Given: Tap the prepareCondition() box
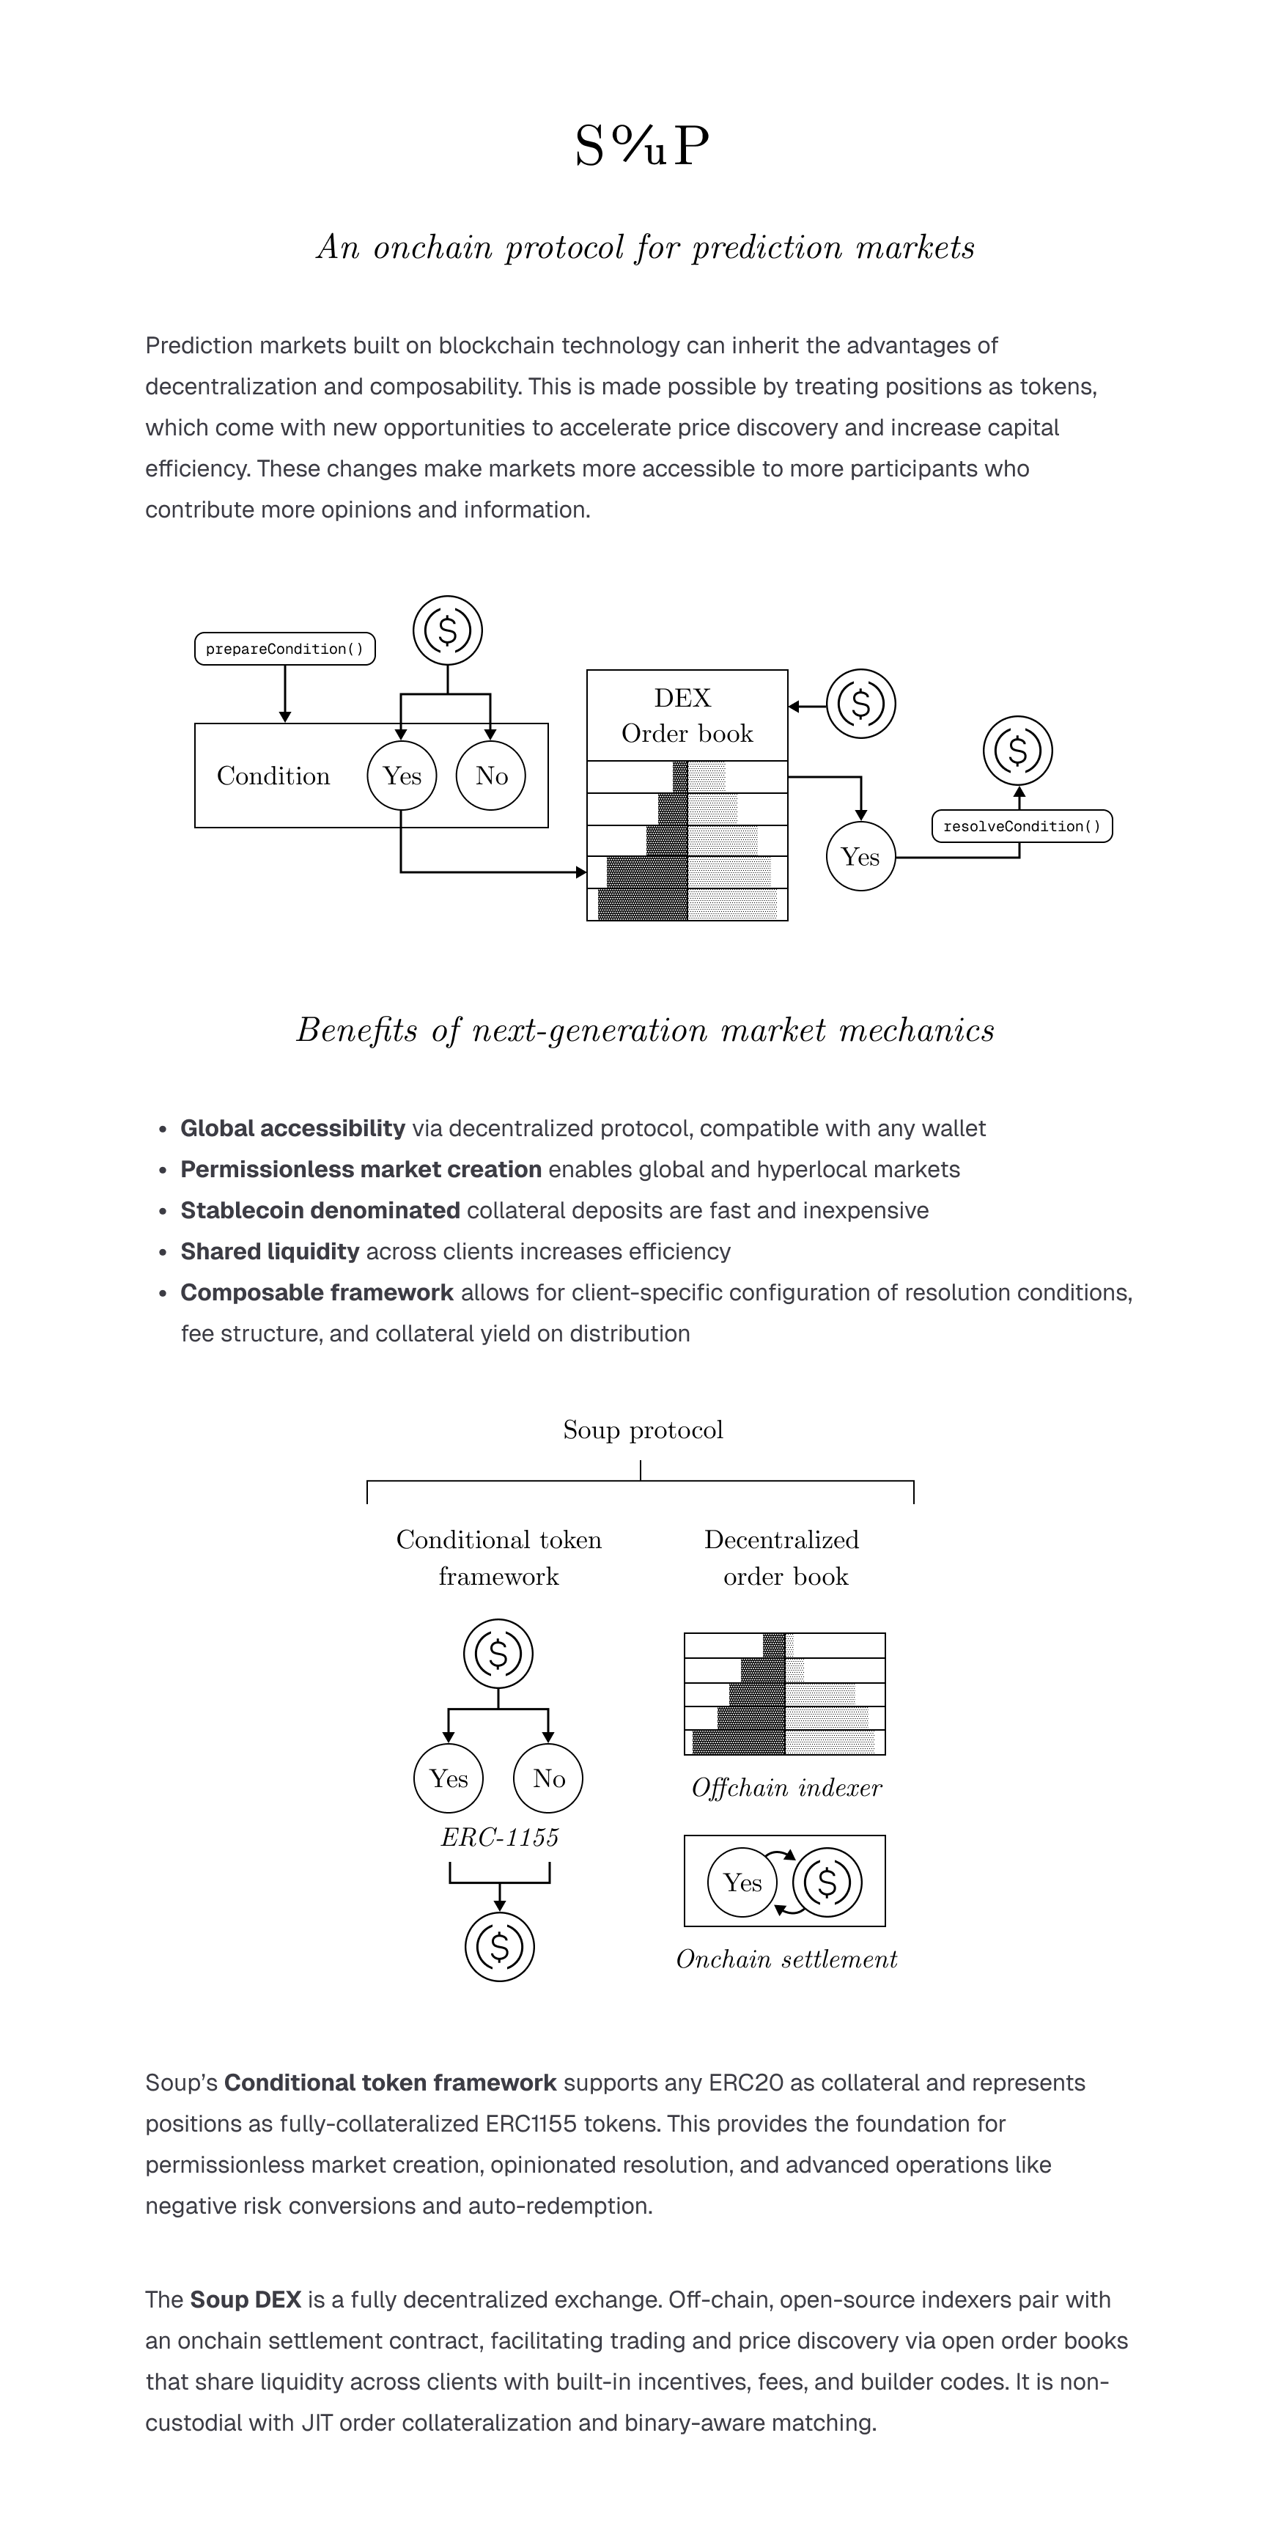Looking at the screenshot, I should point(285,649).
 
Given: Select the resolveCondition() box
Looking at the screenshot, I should point(1022,826).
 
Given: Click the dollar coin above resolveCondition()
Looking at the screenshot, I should point(1018,751).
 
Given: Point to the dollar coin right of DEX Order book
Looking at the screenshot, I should point(860,704).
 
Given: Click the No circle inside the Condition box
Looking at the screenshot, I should point(490,776).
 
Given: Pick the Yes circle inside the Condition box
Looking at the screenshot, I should point(402,776).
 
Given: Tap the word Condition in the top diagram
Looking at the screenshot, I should point(273,776).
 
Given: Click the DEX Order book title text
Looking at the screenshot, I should point(687,715).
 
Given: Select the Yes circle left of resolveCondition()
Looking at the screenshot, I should point(860,857).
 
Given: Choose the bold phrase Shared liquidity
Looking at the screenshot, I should point(269,1251).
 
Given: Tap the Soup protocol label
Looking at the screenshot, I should point(643,1429).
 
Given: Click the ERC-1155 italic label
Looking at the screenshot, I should point(500,1837).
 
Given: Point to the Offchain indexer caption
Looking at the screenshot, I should point(786,1787).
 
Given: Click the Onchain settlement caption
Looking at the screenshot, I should point(786,1959).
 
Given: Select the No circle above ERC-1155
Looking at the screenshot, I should point(548,1778).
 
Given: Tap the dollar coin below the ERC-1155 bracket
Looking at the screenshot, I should point(500,1947).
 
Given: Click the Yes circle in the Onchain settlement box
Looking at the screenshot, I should point(742,1882).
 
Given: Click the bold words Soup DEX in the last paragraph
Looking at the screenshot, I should point(246,2300).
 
